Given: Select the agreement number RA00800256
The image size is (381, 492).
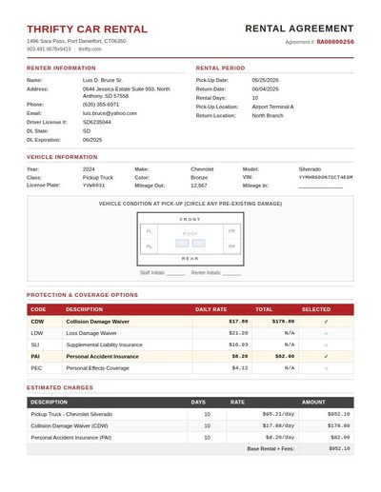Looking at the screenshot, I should point(335,42).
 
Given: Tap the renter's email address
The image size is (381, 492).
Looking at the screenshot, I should point(110,113).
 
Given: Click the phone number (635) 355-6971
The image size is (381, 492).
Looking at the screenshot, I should point(101,104).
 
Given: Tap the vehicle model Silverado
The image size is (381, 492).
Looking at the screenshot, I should point(311,168).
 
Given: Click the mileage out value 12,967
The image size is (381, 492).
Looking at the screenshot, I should point(199,186).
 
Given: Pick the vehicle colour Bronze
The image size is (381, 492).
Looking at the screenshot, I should point(199,177).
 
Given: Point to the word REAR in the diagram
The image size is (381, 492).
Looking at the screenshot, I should point(190,258).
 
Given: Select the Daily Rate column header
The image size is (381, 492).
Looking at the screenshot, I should point(211,309).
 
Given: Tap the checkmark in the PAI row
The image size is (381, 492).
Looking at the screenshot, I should point(326,356).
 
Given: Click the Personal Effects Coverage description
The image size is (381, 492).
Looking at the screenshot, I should point(97,367).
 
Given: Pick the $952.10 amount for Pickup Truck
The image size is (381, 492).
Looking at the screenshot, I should point(338,414).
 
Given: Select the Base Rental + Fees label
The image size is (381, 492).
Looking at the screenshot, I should point(271,447).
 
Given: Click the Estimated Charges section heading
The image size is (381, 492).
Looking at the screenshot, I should point(60,387).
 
